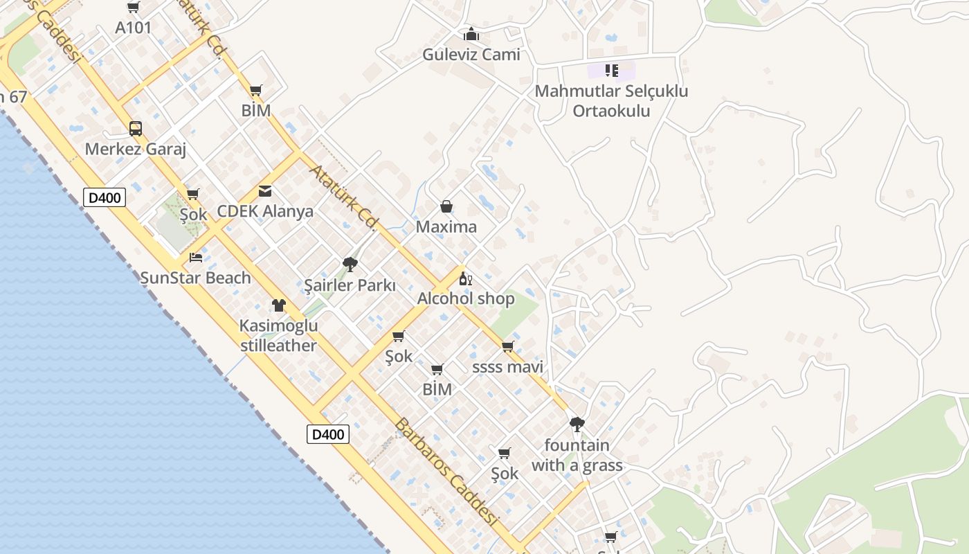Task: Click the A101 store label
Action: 133,28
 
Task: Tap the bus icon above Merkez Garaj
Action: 136,129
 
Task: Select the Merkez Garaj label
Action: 136,150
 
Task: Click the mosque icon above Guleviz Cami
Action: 471,34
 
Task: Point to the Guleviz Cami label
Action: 471,55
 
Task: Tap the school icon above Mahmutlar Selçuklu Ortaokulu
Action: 611,71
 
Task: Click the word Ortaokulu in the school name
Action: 611,111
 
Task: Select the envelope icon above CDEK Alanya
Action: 265,191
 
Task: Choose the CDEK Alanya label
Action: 265,212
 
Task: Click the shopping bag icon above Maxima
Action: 446,206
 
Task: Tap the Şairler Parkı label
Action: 350,285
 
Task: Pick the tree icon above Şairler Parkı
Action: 350,264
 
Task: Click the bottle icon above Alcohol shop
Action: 466,279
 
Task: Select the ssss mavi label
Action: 507,367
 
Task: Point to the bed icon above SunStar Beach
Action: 196,258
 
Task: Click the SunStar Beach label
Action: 196,278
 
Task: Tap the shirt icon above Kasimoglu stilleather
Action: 279,305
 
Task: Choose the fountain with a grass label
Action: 577,455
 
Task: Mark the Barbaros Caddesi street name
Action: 446,472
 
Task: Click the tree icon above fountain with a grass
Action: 577,424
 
